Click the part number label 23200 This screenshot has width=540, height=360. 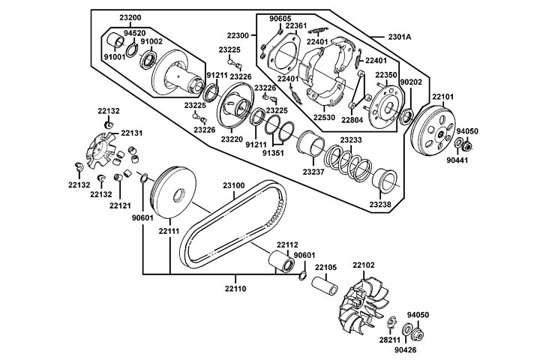click(x=121, y=16)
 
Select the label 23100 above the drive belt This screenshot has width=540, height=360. click(x=233, y=184)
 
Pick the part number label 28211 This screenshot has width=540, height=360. click(x=389, y=340)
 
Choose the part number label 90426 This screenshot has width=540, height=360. click(x=416, y=349)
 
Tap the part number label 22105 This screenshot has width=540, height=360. click(x=325, y=268)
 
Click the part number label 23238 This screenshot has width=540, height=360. click(x=381, y=204)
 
